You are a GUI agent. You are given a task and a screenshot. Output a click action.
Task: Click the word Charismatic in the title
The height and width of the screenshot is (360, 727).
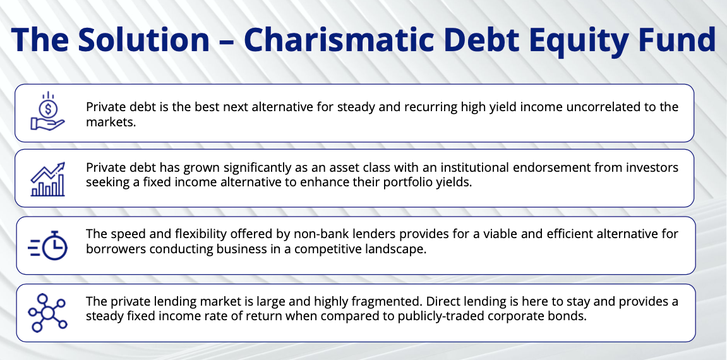[x=339, y=39]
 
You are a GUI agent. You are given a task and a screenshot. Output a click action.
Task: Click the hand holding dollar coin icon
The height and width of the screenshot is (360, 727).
[x=48, y=112]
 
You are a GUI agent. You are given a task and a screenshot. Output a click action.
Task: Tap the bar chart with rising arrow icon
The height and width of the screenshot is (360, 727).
[x=48, y=178]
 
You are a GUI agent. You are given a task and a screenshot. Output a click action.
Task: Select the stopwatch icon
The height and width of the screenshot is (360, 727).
[x=48, y=245]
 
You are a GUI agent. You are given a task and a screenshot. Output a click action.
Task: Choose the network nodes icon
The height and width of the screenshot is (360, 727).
[x=48, y=312]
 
